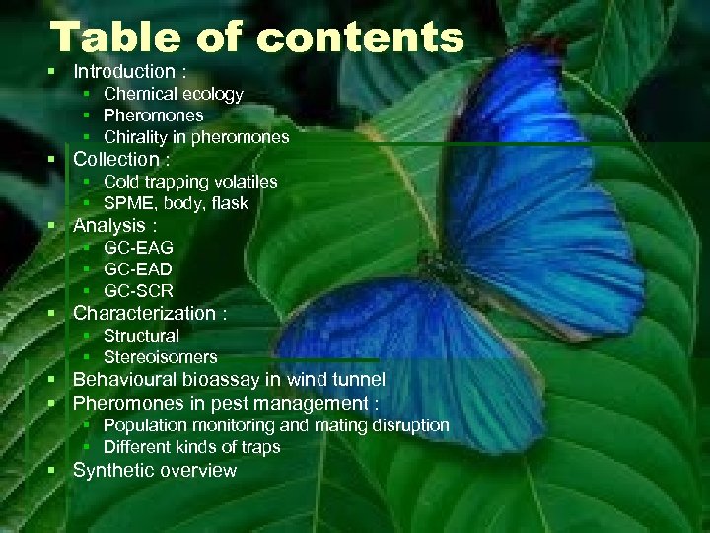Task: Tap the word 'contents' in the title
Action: click(359, 38)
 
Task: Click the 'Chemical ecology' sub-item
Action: click(173, 94)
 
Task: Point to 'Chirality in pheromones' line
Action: click(196, 137)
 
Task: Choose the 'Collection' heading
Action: click(116, 159)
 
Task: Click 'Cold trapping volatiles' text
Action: click(190, 182)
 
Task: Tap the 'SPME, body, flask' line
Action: click(176, 203)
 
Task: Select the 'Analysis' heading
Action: click(109, 226)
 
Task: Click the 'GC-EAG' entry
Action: click(138, 248)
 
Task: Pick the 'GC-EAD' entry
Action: click(138, 269)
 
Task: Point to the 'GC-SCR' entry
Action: click(138, 291)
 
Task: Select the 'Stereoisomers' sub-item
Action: click(160, 357)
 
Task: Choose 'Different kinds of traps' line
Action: click(191, 447)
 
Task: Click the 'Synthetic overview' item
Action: click(155, 470)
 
